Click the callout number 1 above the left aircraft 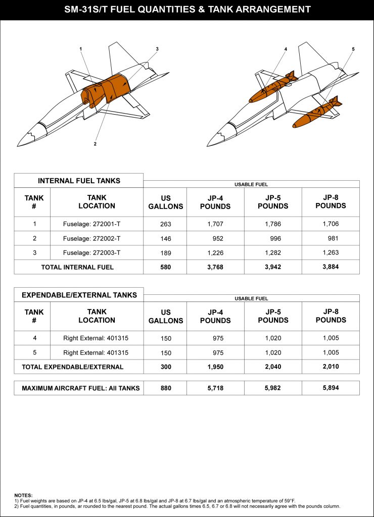[x=81, y=48]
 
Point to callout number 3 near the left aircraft [x=157, y=49]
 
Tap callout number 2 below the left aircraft [x=95, y=143]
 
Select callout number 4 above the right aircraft [x=286, y=49]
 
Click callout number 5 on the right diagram [x=353, y=49]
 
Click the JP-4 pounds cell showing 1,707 [x=215, y=224]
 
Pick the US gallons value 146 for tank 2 [x=165, y=238]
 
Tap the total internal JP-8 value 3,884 [x=331, y=267]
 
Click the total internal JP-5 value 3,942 [x=273, y=267]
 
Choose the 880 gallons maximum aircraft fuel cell [x=165, y=388]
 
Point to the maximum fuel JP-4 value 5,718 [x=215, y=388]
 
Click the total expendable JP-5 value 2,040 [x=273, y=367]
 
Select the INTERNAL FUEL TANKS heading [x=79, y=181]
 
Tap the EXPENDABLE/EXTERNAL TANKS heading [x=79, y=295]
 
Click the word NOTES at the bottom [x=23, y=495]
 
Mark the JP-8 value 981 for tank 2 [x=331, y=238]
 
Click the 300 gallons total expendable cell [x=165, y=367]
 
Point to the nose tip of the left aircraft [x=18, y=145]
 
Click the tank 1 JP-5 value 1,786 [x=273, y=224]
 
